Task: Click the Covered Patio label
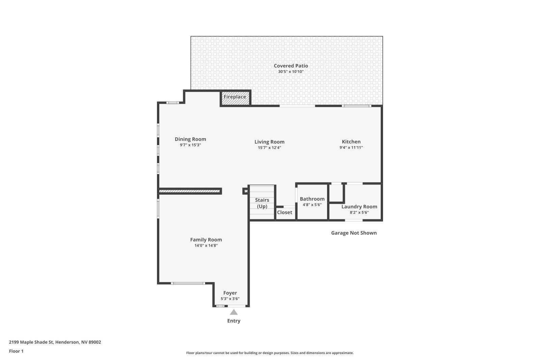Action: tap(291, 66)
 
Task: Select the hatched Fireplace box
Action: tap(235, 98)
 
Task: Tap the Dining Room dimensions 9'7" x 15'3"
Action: tap(190, 145)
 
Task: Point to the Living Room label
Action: tap(269, 142)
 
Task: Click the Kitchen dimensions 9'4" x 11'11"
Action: tap(351, 147)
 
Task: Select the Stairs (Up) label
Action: tap(262, 203)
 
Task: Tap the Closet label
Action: tap(285, 212)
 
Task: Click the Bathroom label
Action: tap(312, 199)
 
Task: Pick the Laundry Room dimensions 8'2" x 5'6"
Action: tap(359, 213)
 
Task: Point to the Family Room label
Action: tap(206, 240)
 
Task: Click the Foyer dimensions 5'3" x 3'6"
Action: tap(230, 299)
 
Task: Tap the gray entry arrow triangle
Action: tap(234, 312)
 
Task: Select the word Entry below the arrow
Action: tap(234, 321)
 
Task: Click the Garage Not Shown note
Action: tap(354, 233)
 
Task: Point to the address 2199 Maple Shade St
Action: tap(31, 342)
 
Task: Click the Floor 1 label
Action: tap(16, 351)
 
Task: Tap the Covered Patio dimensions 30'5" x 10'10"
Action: tap(291, 72)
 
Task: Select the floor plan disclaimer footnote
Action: tap(270, 353)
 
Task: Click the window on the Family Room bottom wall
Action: tap(188, 283)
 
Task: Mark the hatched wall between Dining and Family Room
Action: tap(189, 191)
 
